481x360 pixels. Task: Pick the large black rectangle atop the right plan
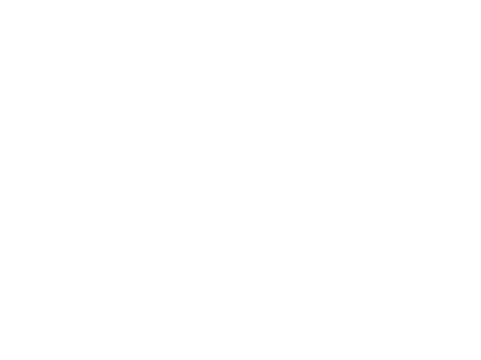point(342,94)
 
